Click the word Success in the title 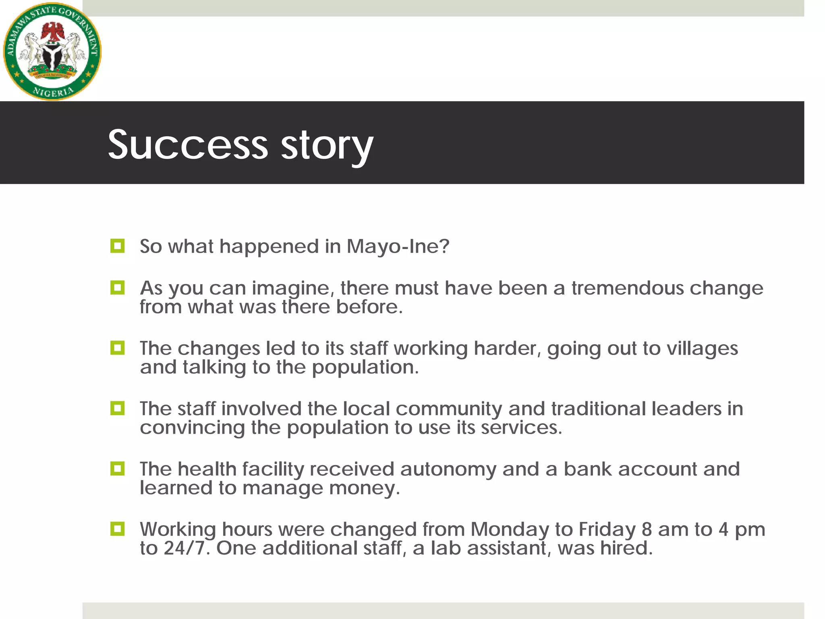(188, 144)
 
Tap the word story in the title (327, 145)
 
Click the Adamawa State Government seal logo (52, 51)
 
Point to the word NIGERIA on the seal (53, 92)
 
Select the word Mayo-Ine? (398, 246)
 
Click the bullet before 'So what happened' (117, 245)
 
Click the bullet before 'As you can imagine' (117, 288)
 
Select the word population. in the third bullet (365, 367)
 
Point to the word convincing (192, 428)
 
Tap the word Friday (607, 530)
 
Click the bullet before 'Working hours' (117, 529)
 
